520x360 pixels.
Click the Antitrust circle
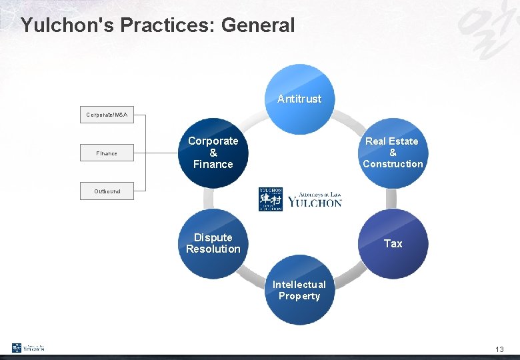point(299,99)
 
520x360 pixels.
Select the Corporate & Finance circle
point(213,153)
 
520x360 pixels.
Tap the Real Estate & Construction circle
point(393,153)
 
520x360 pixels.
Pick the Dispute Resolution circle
point(213,243)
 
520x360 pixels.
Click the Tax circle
point(393,244)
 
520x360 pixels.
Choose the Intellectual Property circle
point(299,290)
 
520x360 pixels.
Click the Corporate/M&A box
point(107,115)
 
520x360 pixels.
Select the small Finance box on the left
point(107,153)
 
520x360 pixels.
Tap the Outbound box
point(107,191)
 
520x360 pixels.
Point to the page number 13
point(499,349)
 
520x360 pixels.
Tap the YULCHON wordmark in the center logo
point(315,203)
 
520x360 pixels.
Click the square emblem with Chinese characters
point(270,199)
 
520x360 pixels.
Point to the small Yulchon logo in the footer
point(28,347)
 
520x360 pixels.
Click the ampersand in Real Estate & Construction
point(393,153)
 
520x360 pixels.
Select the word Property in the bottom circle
point(299,296)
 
